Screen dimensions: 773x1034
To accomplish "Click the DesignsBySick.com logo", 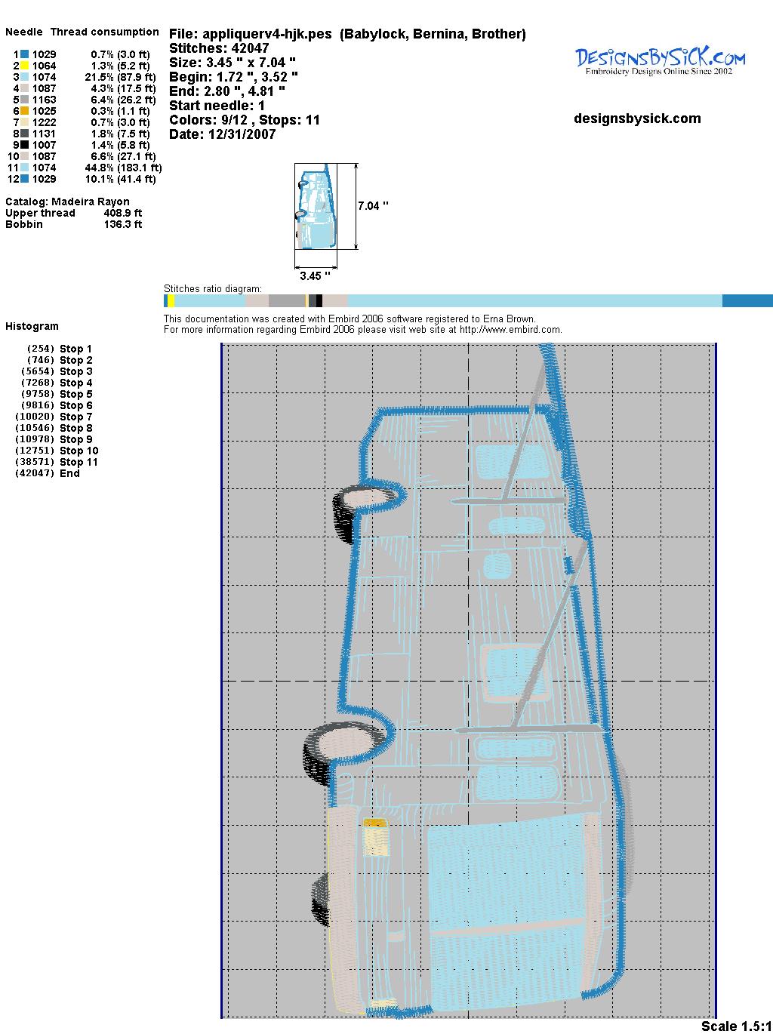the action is click(660, 61).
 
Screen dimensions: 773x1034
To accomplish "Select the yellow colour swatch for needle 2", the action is click(24, 66).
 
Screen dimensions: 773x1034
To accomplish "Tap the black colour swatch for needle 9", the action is click(24, 145).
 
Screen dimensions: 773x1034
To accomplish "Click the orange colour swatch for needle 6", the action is click(24, 111).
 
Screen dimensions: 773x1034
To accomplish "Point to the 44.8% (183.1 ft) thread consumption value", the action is click(123, 168).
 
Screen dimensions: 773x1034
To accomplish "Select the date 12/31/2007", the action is click(242, 134).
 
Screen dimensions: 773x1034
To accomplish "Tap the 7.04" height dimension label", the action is click(373, 206).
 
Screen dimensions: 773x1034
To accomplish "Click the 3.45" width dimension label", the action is click(315, 275).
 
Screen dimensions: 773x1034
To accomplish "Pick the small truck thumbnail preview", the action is click(316, 206).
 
